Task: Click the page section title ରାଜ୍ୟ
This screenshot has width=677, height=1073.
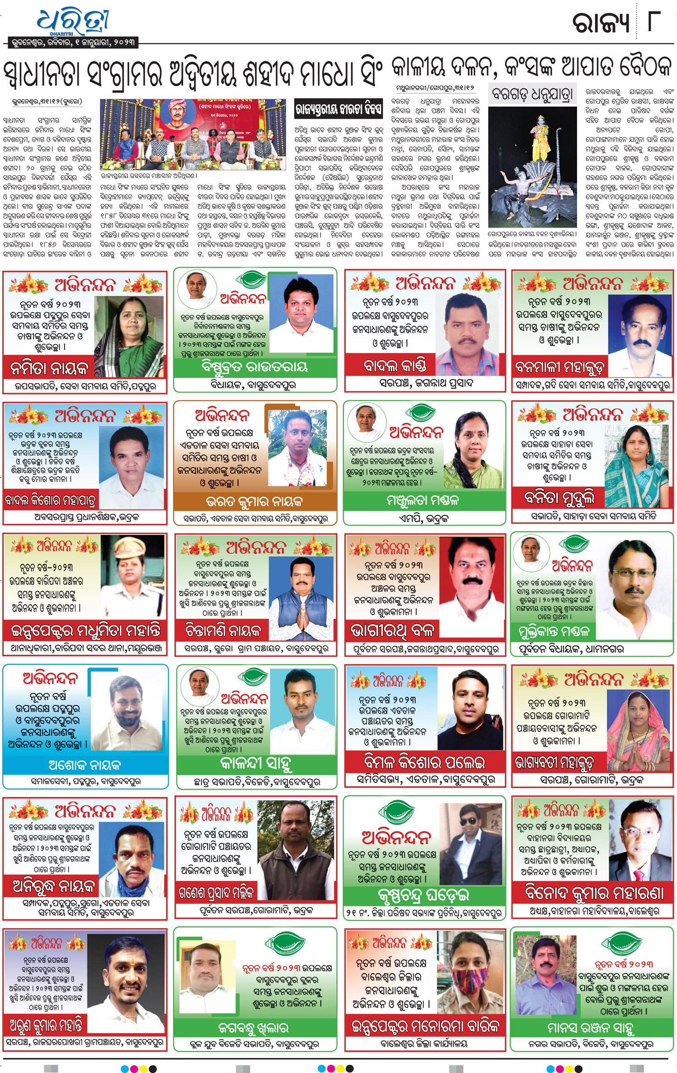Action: click(x=600, y=23)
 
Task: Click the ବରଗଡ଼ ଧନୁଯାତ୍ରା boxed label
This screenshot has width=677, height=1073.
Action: click(x=532, y=95)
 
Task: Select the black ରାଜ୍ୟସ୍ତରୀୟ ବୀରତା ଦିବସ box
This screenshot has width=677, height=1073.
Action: click(x=338, y=109)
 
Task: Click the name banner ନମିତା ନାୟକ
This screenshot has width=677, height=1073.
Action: click(x=49, y=368)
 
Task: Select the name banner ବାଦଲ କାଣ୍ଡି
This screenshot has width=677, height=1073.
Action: click(x=394, y=366)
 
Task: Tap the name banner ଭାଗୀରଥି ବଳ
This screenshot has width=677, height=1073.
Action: click(x=392, y=631)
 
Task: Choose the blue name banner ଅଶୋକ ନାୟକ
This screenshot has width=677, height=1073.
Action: click(x=85, y=765)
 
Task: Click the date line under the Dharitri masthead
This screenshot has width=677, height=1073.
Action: click(x=73, y=43)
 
